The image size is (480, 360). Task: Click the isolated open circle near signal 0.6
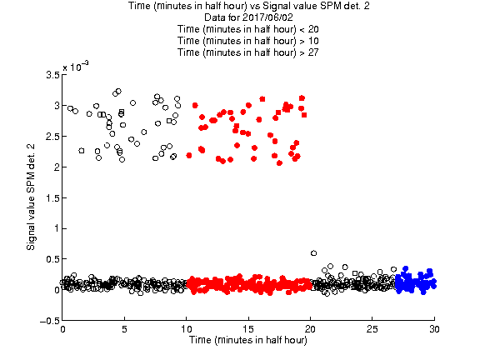[313, 253]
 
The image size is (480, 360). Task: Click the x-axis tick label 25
[372, 329]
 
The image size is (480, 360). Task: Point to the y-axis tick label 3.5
[52, 75]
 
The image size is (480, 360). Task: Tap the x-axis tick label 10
[187, 329]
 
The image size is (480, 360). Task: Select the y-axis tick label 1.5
[52, 198]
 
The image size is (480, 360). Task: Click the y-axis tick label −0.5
[50, 321]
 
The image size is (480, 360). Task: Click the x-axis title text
[248, 340]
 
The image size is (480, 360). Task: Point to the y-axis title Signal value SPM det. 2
[31, 197]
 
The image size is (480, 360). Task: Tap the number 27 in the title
[313, 52]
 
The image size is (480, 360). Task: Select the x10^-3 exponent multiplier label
[76, 66]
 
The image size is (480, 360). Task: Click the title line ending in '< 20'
[248, 29]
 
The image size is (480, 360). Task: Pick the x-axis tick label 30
[434, 329]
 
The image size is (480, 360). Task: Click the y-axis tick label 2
[57, 167]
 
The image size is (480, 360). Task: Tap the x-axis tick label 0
[62, 329]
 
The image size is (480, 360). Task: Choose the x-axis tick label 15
[248, 329]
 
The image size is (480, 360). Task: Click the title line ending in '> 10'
[248, 41]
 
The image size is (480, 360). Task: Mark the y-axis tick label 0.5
[52, 259]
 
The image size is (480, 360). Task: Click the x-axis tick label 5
[124, 329]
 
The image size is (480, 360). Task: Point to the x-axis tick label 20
[310, 329]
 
